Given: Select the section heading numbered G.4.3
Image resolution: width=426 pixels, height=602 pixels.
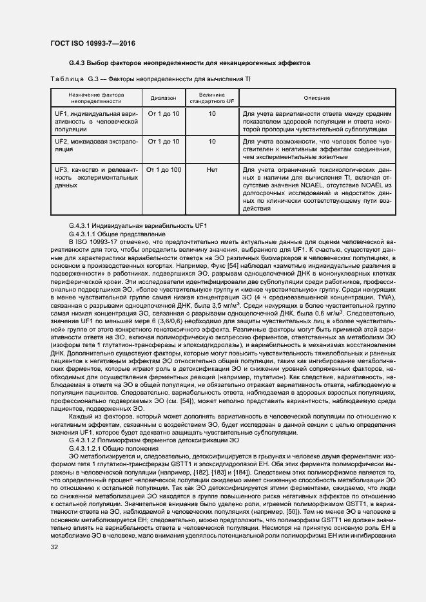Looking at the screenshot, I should pyautogui.click(x=189, y=64).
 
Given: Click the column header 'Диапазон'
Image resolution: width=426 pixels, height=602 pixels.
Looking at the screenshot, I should pyautogui.click(x=163, y=97).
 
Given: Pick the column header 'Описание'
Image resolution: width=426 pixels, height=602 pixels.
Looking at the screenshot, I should pyautogui.click(x=317, y=97).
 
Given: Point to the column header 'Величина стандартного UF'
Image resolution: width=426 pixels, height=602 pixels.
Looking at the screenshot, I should pyautogui.click(x=211, y=97).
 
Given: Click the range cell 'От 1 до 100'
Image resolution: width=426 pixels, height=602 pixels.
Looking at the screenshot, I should pyautogui.click(x=163, y=170).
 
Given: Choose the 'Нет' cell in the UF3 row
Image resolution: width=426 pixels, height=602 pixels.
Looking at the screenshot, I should pyautogui.click(x=211, y=170).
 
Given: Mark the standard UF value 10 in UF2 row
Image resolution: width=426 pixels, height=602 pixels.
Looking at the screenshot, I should pyautogui.click(x=211, y=140).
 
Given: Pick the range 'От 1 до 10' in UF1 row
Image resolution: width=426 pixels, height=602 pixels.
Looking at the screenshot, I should pyautogui.click(x=163, y=113).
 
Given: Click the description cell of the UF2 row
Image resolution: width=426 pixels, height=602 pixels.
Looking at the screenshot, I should pyautogui.click(x=317, y=148).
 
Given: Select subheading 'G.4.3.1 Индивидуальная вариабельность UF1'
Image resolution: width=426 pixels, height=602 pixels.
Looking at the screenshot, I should pyautogui.click(x=137, y=226).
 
